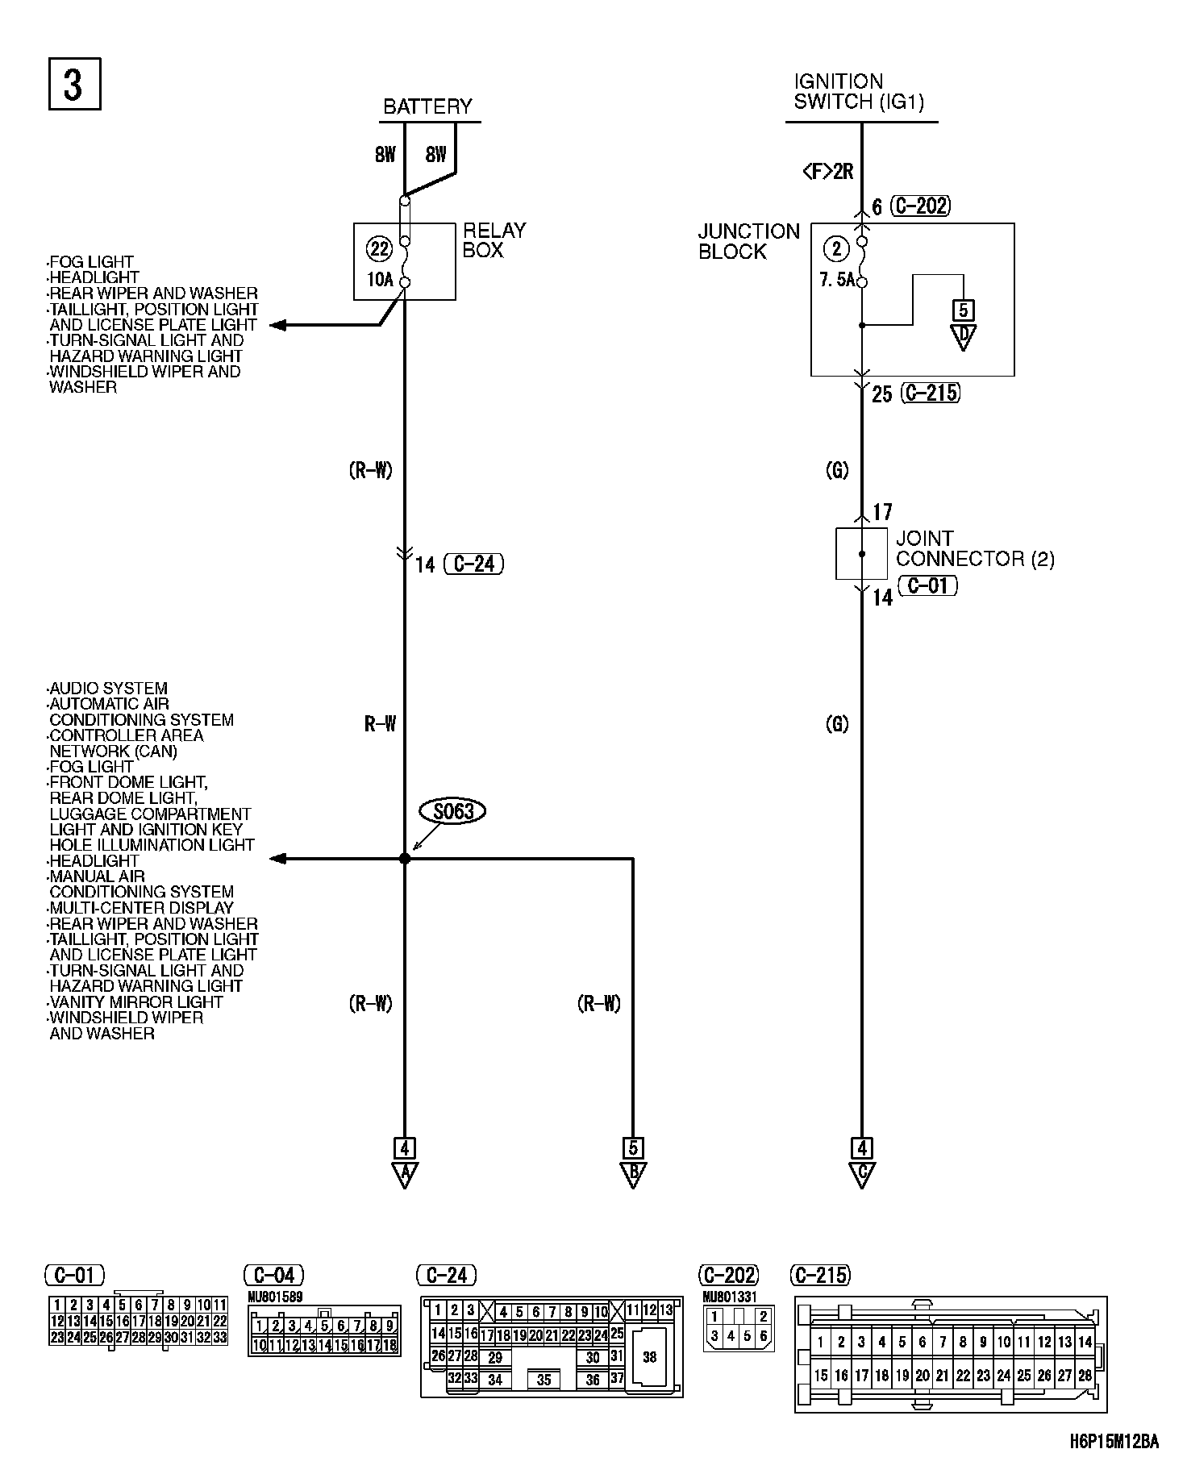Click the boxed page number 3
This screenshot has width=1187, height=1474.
[74, 84]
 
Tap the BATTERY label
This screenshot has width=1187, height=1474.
[427, 106]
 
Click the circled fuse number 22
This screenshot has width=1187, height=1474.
[378, 249]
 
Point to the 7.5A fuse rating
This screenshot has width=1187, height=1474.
[836, 281]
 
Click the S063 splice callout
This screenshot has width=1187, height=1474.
[453, 811]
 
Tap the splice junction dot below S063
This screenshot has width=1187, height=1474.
[405, 859]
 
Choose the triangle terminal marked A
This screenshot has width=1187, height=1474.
[404, 1174]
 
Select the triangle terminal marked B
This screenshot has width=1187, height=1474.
[633, 1174]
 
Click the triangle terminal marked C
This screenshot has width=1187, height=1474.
[861, 1174]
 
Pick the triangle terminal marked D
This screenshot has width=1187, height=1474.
[962, 336]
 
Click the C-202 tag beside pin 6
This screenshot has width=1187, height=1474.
[920, 206]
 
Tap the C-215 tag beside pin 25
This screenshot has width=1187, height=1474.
[931, 393]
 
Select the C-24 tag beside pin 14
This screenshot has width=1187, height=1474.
[473, 564]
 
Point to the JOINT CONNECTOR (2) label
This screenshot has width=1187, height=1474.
[974, 548]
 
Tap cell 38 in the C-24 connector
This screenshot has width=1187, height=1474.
[649, 1356]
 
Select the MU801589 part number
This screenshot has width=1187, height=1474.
[275, 1297]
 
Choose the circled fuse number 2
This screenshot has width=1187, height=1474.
[836, 249]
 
